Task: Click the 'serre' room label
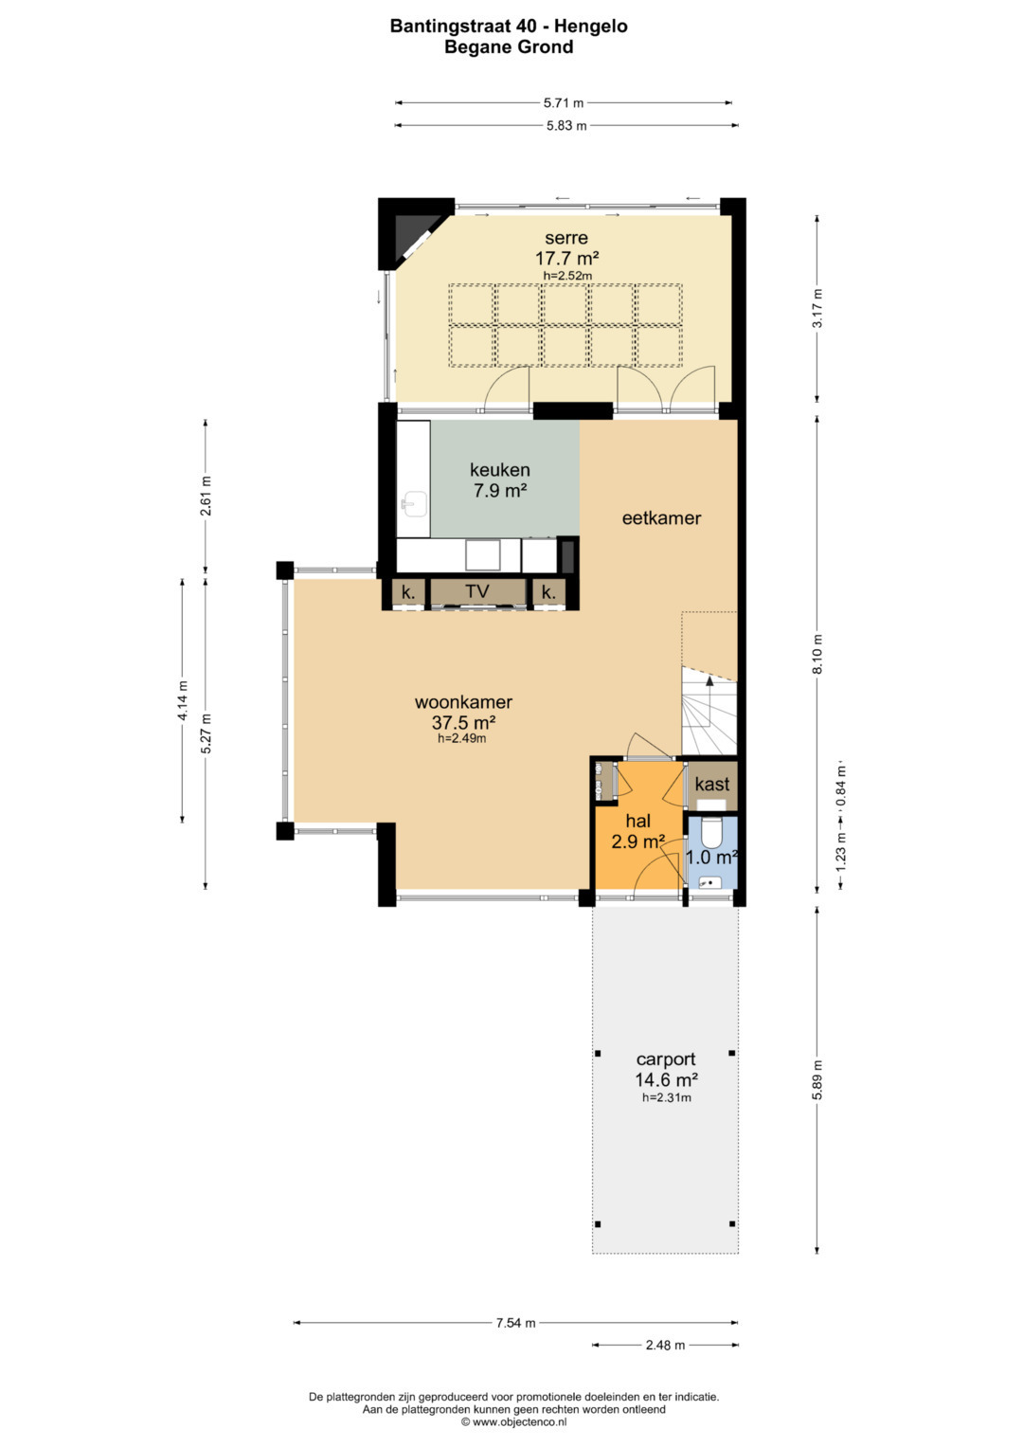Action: click(565, 238)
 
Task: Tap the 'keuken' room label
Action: click(500, 470)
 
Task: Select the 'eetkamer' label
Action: click(661, 518)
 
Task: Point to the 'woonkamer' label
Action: click(463, 701)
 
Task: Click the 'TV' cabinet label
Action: click(477, 591)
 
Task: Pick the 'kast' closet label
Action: click(711, 785)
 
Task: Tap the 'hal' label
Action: click(637, 821)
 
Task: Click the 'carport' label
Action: click(666, 1059)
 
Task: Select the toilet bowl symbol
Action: click(711, 833)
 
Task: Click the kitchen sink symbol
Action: click(414, 504)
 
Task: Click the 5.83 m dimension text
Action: click(566, 126)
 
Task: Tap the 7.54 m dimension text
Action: click(515, 1323)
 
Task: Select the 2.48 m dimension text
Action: click(665, 1345)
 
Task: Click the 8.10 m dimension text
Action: click(817, 654)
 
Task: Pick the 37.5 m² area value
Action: click(463, 721)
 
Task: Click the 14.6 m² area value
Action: click(666, 1079)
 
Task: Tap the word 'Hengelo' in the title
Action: click(591, 27)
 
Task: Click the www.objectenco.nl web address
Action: click(519, 1421)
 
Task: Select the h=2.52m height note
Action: click(567, 276)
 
